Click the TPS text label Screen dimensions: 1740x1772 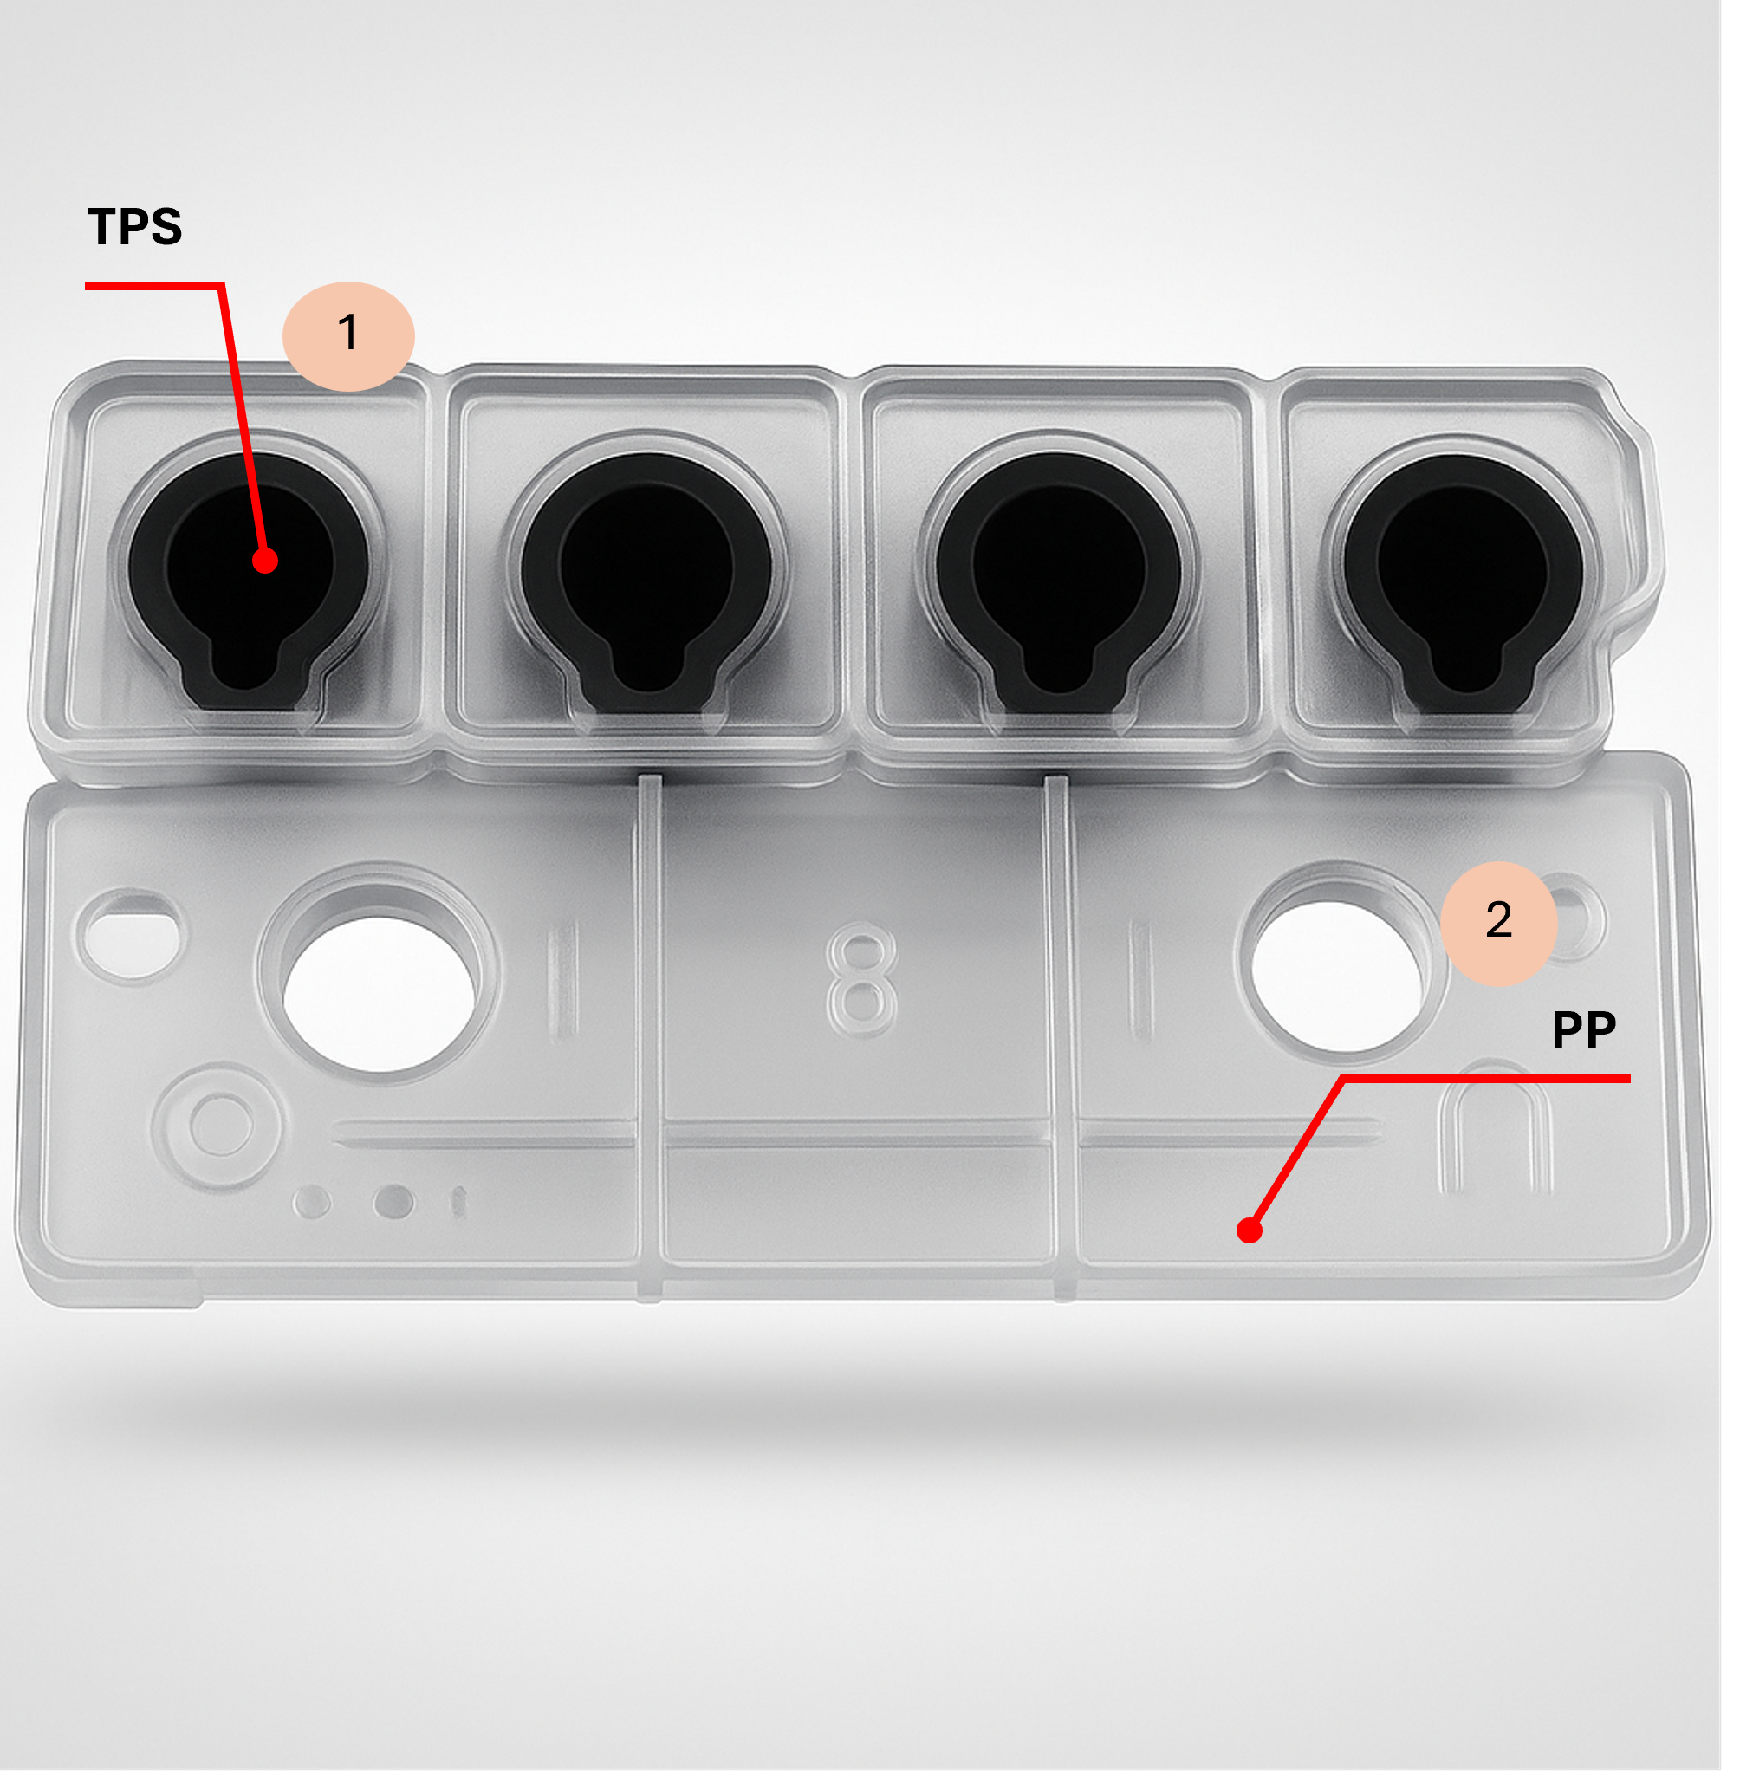coord(135,227)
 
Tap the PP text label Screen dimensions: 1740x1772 coord(1584,1030)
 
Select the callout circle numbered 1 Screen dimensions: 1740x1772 coord(348,335)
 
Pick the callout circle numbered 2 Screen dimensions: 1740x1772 coord(1498,923)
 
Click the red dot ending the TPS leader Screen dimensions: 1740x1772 coord(265,561)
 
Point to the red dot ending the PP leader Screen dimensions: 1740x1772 coord(1250,1231)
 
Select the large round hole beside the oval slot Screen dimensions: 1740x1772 coord(380,994)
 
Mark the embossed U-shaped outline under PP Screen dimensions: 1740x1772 coord(1495,1129)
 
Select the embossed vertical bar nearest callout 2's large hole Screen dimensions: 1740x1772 coord(1139,980)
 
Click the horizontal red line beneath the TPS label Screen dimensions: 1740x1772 coord(154,286)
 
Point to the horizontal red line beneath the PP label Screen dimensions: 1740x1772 coord(1487,1080)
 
